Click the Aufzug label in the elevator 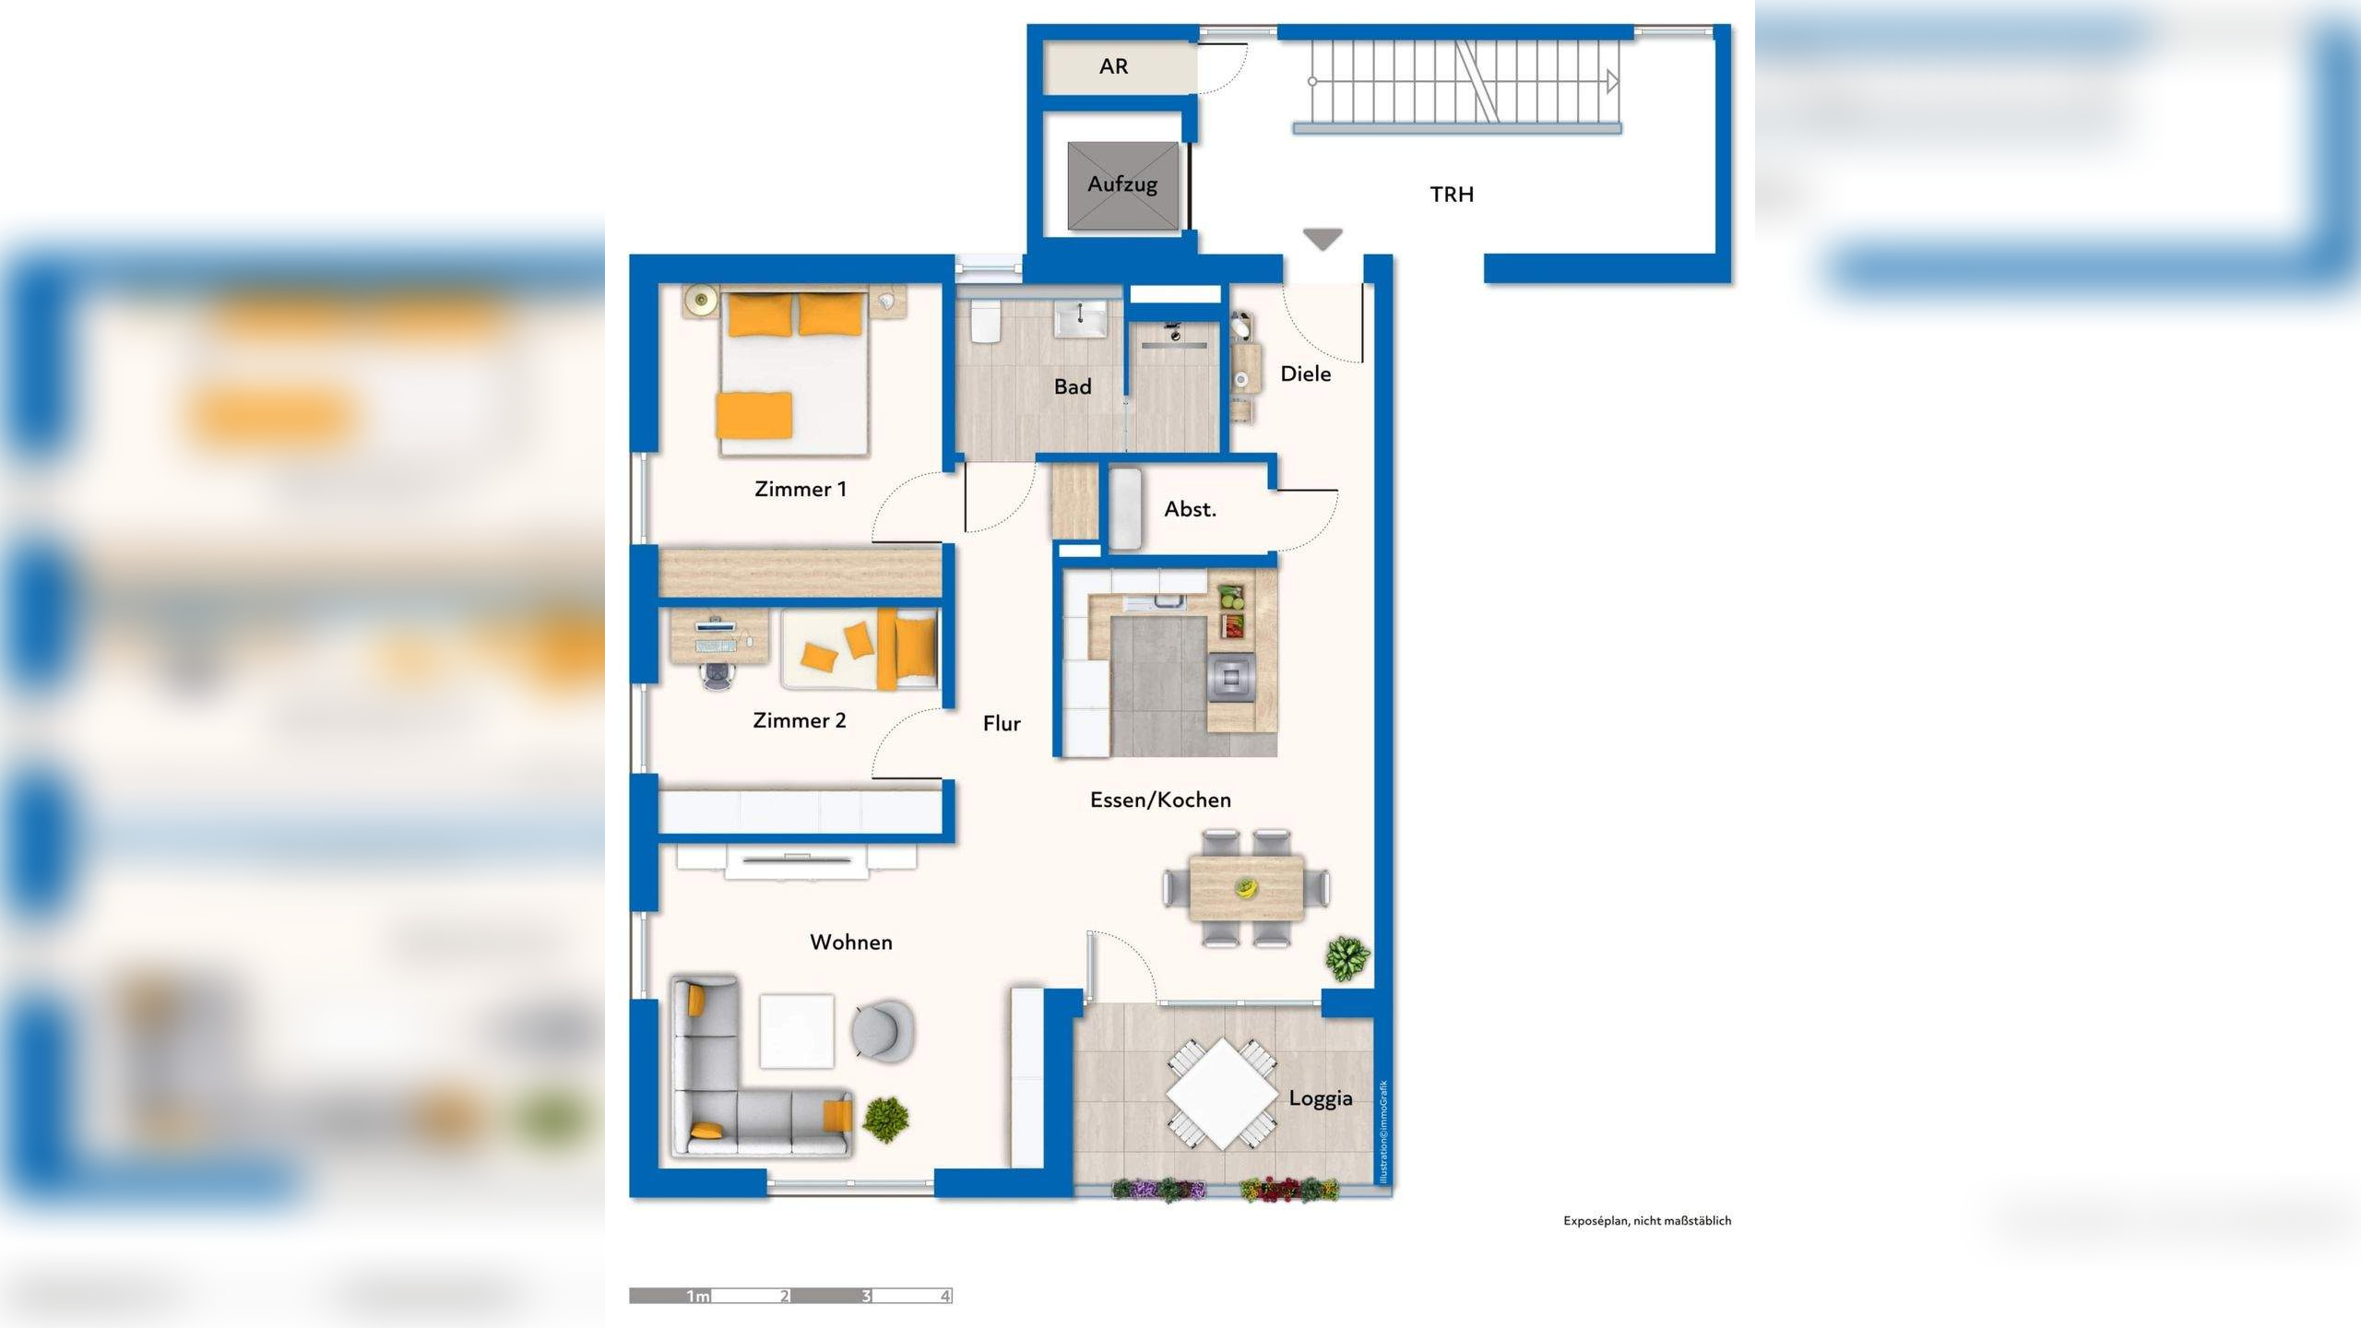tap(1122, 184)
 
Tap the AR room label tap(1113, 66)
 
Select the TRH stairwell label tap(1452, 195)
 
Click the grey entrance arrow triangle tap(1323, 240)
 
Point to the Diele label tap(1306, 373)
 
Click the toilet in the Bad tap(984, 320)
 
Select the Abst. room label tap(1190, 509)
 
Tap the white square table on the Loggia tap(1222, 1094)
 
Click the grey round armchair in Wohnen tap(883, 1029)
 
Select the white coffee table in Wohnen tap(797, 1031)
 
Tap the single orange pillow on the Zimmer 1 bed tap(754, 416)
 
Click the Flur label tap(1002, 724)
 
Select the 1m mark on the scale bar tap(697, 1297)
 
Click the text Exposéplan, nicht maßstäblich tap(1647, 1221)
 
